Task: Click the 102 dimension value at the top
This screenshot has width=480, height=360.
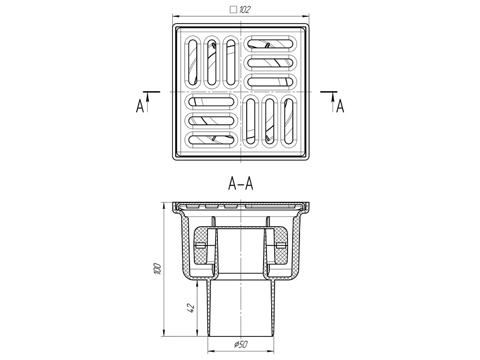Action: [x=245, y=10]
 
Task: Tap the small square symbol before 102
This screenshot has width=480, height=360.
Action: [x=234, y=10]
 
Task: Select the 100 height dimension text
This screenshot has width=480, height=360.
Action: [x=157, y=268]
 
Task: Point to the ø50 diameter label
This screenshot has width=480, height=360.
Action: [x=241, y=344]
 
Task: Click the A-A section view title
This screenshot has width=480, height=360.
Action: [x=241, y=184]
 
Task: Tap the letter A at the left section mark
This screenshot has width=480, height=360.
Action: [x=140, y=106]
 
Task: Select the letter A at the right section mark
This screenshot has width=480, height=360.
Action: [x=340, y=106]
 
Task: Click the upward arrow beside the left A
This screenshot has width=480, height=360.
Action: [x=147, y=103]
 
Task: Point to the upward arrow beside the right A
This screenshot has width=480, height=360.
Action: [x=333, y=103]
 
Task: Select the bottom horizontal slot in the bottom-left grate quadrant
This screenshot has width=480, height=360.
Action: [x=211, y=140]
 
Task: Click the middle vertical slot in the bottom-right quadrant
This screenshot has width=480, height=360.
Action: [x=270, y=121]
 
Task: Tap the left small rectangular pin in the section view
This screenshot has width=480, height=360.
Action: [x=200, y=245]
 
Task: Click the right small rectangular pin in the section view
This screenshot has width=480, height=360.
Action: [x=281, y=245]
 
